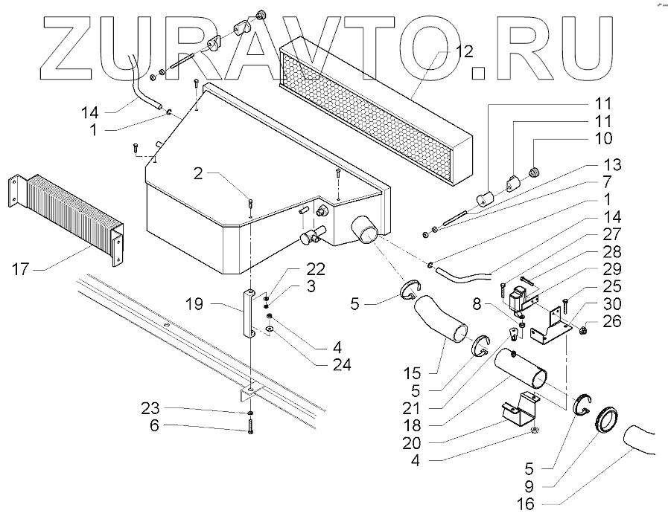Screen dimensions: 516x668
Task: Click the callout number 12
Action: tap(464, 52)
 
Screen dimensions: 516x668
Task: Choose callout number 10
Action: tap(603, 138)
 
